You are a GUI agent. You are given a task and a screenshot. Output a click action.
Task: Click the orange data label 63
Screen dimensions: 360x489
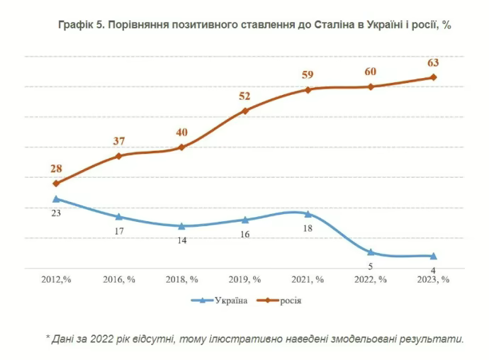coord(433,63)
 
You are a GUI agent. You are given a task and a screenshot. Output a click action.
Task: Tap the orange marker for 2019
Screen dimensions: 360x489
coord(244,111)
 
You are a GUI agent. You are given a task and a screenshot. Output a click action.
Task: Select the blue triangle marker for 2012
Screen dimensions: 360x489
coord(56,199)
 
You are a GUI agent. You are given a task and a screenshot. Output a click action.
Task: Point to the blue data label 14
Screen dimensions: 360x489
coord(181,240)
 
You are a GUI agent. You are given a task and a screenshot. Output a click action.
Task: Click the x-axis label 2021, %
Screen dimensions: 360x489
coord(308,279)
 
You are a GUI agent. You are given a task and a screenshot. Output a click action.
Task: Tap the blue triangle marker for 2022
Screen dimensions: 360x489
coord(371,252)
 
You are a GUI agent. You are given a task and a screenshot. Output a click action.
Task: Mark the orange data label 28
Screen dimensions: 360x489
coord(56,169)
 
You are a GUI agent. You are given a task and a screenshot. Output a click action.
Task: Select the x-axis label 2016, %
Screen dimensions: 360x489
coord(119,279)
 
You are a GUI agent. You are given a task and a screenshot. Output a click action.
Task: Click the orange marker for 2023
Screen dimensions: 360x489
coord(434,77)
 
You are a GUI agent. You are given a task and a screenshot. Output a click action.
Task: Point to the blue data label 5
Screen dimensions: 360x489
coord(371,266)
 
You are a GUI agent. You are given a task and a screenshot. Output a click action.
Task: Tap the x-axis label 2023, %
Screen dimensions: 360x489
coord(434,279)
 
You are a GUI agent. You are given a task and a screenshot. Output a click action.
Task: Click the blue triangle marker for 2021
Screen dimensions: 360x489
coord(308,213)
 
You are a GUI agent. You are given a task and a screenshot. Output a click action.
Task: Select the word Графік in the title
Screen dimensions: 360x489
coord(76,24)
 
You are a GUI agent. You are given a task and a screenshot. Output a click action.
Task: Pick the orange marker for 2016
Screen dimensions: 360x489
coord(119,156)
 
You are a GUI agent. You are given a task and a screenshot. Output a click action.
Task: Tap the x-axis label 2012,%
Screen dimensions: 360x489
coord(56,279)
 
